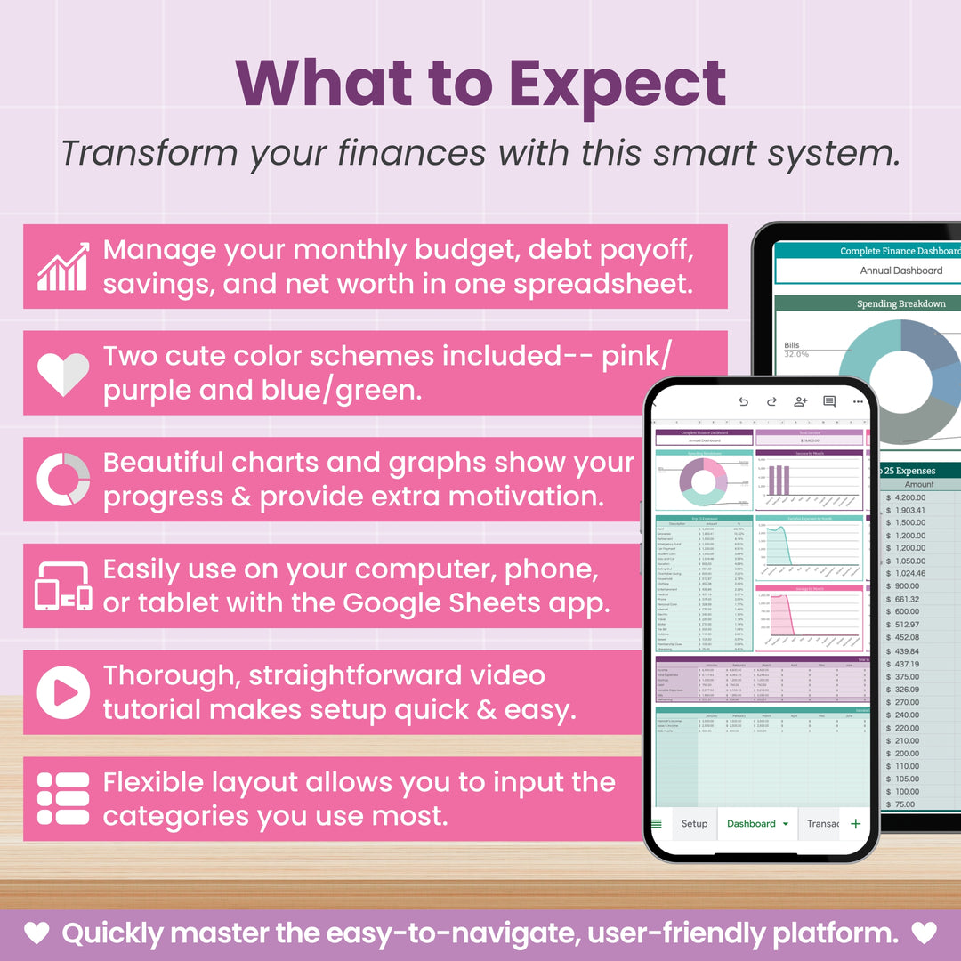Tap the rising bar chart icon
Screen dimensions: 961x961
(63, 266)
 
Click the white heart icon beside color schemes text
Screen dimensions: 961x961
(63, 373)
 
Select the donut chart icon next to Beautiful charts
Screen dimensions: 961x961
(63, 480)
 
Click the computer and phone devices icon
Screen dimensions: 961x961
(63, 586)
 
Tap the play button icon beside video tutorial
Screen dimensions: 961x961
(63, 692)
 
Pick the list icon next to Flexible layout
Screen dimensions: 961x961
(63, 798)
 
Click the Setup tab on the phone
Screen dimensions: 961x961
(694, 824)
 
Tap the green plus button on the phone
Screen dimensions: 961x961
(856, 824)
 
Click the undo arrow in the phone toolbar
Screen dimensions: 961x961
(744, 401)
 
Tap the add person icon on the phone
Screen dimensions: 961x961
(800, 401)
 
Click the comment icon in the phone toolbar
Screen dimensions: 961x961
(829, 401)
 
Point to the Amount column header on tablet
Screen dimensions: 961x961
(919, 484)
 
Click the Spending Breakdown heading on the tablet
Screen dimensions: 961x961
(900, 303)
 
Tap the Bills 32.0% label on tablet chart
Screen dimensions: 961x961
(796, 350)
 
